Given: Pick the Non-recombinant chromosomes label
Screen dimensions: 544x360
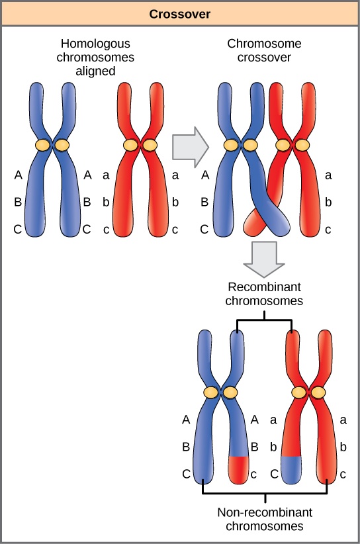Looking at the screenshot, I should (265, 520).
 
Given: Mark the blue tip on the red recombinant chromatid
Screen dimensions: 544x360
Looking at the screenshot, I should (291, 468).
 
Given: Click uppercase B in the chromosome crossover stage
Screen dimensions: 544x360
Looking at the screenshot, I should (204, 203).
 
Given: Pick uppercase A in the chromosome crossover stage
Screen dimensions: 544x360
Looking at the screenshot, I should (204, 176).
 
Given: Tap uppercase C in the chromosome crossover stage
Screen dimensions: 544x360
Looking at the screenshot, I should (204, 230).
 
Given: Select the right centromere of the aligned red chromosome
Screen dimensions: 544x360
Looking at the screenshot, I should (150, 144).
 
